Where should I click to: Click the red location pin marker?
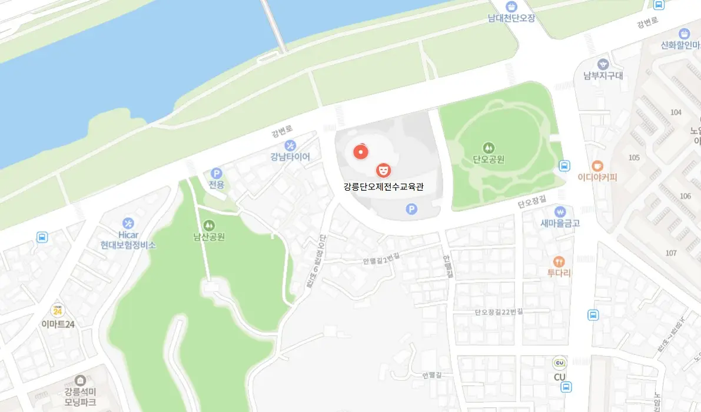[x=360, y=152]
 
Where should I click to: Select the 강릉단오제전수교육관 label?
[x=384, y=187]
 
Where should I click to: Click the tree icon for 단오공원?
[x=488, y=147]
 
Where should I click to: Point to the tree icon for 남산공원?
[x=209, y=225]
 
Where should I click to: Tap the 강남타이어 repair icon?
[x=290, y=145]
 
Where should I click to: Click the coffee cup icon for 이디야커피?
[x=597, y=165]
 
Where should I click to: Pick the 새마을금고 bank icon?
[x=560, y=211]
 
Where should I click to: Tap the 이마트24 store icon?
[x=57, y=311]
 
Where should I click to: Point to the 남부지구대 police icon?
[x=602, y=64]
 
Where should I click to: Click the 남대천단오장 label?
[x=511, y=18]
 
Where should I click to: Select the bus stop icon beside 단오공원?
[x=564, y=166]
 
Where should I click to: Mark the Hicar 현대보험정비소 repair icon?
[x=128, y=223]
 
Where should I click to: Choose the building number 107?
[x=670, y=253]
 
